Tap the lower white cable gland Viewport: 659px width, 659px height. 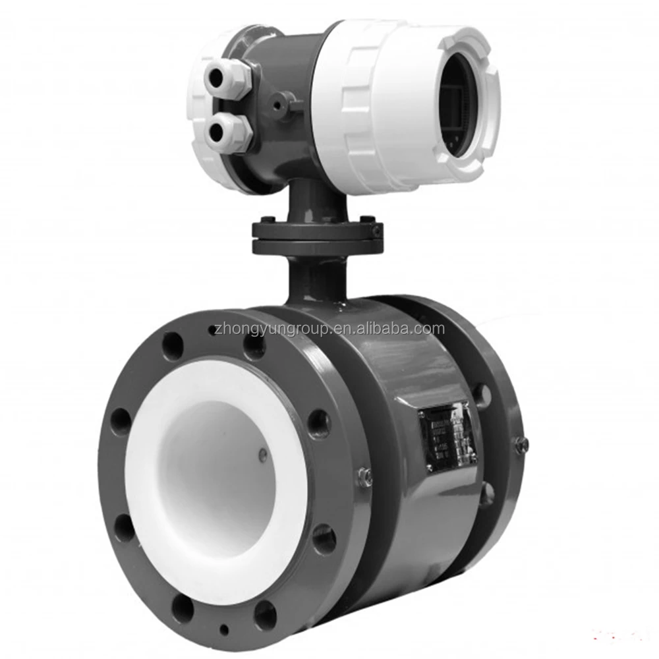click(x=228, y=131)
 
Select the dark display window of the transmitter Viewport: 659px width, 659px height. click(x=455, y=109)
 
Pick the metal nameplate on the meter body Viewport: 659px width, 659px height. click(x=447, y=436)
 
